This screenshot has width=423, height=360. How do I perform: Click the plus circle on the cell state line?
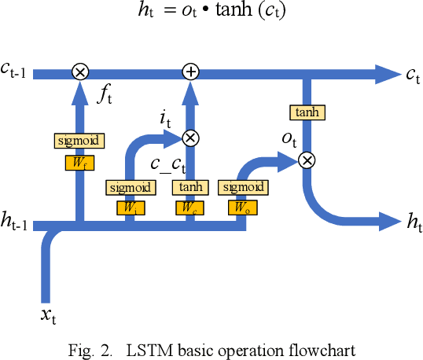pos(189,72)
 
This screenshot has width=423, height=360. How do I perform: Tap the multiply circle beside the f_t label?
pos(79,72)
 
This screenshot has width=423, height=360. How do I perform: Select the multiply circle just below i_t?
pos(189,138)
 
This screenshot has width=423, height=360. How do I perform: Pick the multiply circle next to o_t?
pos(307,160)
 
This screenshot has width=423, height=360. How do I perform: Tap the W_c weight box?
pos(189,208)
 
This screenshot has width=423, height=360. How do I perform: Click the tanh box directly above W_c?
pos(189,187)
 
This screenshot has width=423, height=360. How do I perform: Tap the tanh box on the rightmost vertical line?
pos(307,113)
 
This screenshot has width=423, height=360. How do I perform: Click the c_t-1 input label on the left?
pos(16,71)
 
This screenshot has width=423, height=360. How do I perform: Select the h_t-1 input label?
pos(16,224)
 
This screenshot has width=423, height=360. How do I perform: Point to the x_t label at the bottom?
pos(48,316)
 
